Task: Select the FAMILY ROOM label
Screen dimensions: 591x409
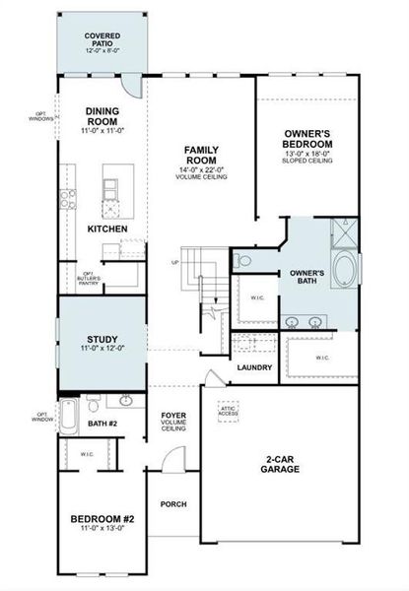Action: coord(200,161)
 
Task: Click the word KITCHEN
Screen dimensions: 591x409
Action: coord(106,229)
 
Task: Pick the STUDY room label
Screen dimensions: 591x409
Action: coord(102,342)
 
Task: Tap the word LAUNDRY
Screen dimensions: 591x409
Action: coord(254,368)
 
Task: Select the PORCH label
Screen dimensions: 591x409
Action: coord(173,504)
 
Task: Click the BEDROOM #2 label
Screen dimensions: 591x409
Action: coord(102,523)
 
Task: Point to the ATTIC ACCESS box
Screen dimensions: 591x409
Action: coord(228,410)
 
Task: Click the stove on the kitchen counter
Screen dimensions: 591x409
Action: coord(67,201)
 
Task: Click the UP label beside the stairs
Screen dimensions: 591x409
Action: coord(175,263)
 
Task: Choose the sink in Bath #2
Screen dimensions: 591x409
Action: coord(126,401)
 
